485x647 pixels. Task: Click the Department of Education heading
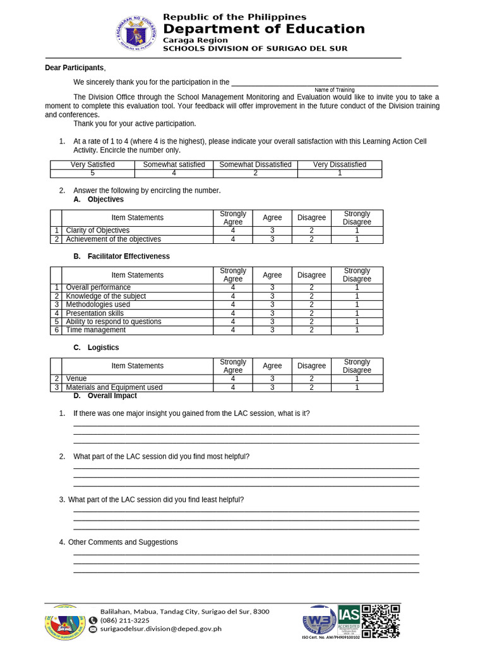(x=263, y=29)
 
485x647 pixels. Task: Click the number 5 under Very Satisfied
(x=92, y=173)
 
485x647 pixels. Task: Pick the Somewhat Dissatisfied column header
(x=255, y=164)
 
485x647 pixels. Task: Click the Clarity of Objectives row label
(x=97, y=231)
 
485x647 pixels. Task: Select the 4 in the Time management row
(x=232, y=330)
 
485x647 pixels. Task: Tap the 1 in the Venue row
(x=357, y=379)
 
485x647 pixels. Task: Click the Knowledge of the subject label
(x=105, y=296)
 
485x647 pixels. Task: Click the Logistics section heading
(x=103, y=348)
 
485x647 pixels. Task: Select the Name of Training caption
(x=334, y=90)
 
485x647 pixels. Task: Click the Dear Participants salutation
(x=75, y=68)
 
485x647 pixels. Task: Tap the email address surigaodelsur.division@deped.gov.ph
(x=160, y=629)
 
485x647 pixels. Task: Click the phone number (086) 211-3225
(x=125, y=620)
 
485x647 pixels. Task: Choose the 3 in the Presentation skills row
(x=272, y=313)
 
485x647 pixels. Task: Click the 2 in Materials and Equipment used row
(x=311, y=387)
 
